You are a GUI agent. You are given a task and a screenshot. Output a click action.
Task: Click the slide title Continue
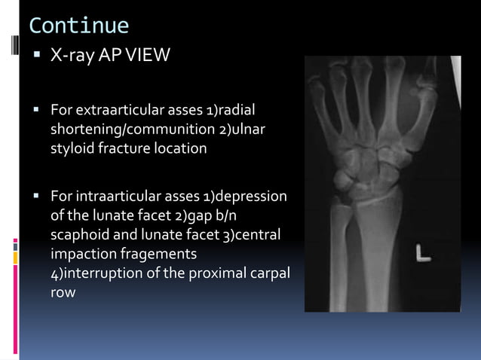pyautogui.click(x=79, y=26)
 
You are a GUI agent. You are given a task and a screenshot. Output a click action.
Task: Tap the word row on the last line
pyautogui.click(x=63, y=292)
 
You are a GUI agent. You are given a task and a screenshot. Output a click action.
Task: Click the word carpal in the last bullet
pyautogui.click(x=268, y=273)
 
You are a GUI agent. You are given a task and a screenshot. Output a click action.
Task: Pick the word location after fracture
pyautogui.click(x=179, y=148)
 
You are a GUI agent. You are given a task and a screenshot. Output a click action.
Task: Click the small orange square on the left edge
pyautogui.click(x=15, y=258)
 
